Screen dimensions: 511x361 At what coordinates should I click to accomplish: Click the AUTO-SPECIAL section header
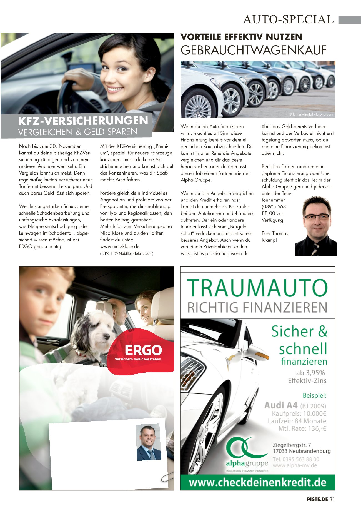pyautogui.click(x=288, y=19)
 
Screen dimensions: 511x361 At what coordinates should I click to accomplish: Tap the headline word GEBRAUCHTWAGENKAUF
pyautogui.click(x=253, y=50)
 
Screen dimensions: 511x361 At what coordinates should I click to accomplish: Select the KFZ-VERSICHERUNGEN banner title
pyautogui.click(x=83, y=121)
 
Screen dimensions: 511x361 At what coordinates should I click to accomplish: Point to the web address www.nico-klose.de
pyautogui.click(x=120, y=246)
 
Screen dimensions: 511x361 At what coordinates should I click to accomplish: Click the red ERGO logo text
pyautogui.click(x=143, y=350)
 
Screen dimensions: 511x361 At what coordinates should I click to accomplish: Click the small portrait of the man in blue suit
pyautogui.click(x=149, y=442)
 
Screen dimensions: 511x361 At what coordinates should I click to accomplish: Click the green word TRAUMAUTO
pyautogui.click(x=257, y=288)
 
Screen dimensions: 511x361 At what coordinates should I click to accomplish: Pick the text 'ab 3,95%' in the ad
pyautogui.click(x=310, y=373)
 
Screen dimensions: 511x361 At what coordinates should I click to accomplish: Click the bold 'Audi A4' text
pyautogui.click(x=281, y=405)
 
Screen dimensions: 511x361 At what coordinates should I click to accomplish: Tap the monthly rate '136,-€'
pyautogui.click(x=317, y=428)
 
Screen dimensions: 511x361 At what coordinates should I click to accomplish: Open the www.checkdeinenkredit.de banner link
pyautogui.click(x=257, y=482)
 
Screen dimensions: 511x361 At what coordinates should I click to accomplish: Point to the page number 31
pyautogui.click(x=332, y=499)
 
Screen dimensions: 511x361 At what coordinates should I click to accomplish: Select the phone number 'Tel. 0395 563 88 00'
pyautogui.click(x=296, y=459)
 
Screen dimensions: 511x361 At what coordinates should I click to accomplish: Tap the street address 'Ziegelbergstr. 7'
pyautogui.click(x=292, y=445)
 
